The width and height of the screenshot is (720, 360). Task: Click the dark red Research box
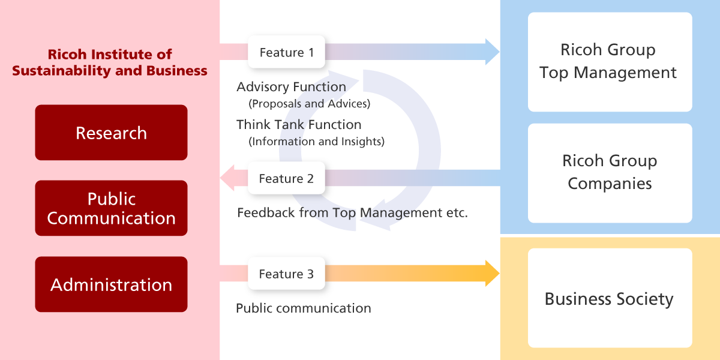pos(111,133)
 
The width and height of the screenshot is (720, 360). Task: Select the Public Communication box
pos(111,208)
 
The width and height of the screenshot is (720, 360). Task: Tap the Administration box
pos(111,284)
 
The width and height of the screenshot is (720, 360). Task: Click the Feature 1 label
pos(286,52)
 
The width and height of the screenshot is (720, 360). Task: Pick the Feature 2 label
pos(286,178)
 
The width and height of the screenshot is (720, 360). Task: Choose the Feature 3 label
pos(286,274)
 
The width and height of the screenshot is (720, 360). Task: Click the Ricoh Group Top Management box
pos(610,62)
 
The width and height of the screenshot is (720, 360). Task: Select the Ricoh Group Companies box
pos(610,173)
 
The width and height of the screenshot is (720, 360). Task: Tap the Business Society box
pos(610,298)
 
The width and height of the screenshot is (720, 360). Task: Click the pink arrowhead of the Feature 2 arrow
pos(228,178)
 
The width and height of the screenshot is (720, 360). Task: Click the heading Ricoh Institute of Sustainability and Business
pos(110,62)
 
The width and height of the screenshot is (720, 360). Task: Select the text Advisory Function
pos(291,87)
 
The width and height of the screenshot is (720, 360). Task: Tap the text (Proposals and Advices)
pos(309,104)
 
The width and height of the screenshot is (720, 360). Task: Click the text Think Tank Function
pos(299,125)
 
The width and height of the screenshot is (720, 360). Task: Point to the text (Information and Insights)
pos(316,142)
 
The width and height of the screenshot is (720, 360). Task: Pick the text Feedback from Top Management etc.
pos(352,212)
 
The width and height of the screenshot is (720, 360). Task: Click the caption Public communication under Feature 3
pos(304,308)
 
